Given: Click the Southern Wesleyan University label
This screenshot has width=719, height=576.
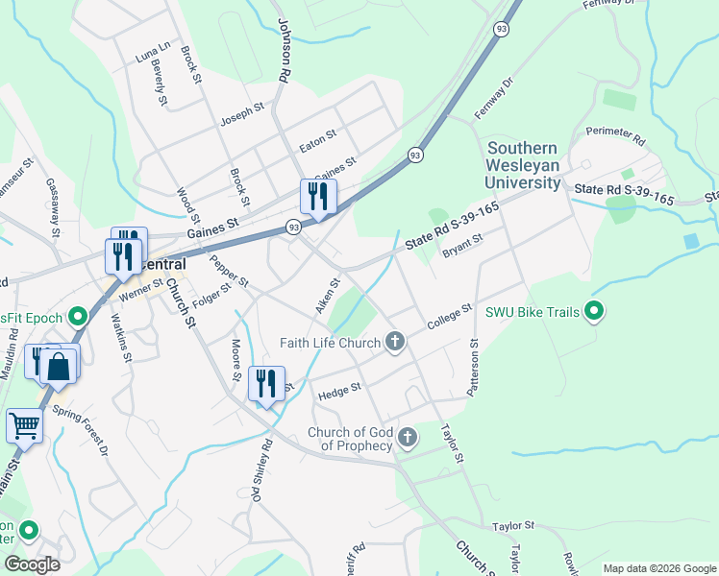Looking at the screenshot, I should pos(523,165).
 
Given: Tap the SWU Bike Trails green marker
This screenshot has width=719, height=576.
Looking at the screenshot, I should pos(594,311).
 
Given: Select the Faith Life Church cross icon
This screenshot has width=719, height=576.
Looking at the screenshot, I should pos(394,342).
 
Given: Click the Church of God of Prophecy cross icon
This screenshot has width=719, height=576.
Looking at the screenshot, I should pos(408,439).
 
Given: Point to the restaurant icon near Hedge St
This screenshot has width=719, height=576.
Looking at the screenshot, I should pos(266,382).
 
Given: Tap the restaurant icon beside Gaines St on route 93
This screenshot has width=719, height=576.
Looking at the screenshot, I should pos(318,196).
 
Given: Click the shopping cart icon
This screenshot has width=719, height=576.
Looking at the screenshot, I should pos(24,424).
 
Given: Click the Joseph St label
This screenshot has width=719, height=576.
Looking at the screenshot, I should pos(242,113).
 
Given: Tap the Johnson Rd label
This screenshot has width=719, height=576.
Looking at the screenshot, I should pos(283,48).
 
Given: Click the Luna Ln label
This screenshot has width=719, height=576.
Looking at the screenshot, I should pos(152,52).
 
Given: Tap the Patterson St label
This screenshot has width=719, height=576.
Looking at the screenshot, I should pos(473,368).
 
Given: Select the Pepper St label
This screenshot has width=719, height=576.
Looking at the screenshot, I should pos(230,271).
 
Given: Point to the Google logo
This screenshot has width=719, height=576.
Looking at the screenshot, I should pos(32,564).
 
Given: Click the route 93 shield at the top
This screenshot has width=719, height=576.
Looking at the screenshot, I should pos(501,31).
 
